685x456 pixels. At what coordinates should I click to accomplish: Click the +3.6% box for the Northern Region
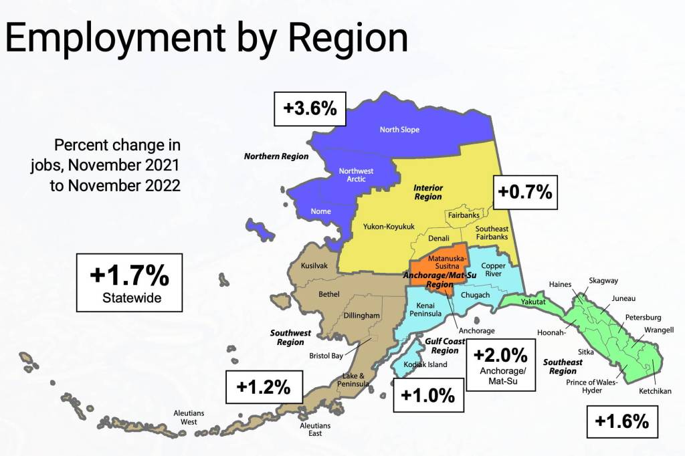click(x=310, y=108)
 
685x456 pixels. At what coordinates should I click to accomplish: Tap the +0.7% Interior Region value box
click(x=525, y=193)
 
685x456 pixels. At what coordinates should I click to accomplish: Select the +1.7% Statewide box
click(x=130, y=282)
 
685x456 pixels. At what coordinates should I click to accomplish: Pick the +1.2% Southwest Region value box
click(x=263, y=386)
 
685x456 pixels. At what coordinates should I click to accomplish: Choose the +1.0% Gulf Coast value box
click(x=427, y=395)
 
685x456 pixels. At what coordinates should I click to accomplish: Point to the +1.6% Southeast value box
click(x=621, y=421)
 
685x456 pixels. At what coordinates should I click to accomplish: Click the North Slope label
click(x=399, y=130)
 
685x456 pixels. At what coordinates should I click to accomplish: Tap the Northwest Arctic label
click(x=356, y=175)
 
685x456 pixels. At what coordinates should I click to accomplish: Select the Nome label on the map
click(x=321, y=212)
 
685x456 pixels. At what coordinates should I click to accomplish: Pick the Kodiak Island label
click(x=426, y=364)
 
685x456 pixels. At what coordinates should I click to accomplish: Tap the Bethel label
click(x=329, y=294)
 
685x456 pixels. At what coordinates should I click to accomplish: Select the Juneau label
click(x=623, y=298)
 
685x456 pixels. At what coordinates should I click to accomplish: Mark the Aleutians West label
click(x=189, y=418)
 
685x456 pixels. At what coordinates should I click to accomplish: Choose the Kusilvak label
click(x=314, y=266)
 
